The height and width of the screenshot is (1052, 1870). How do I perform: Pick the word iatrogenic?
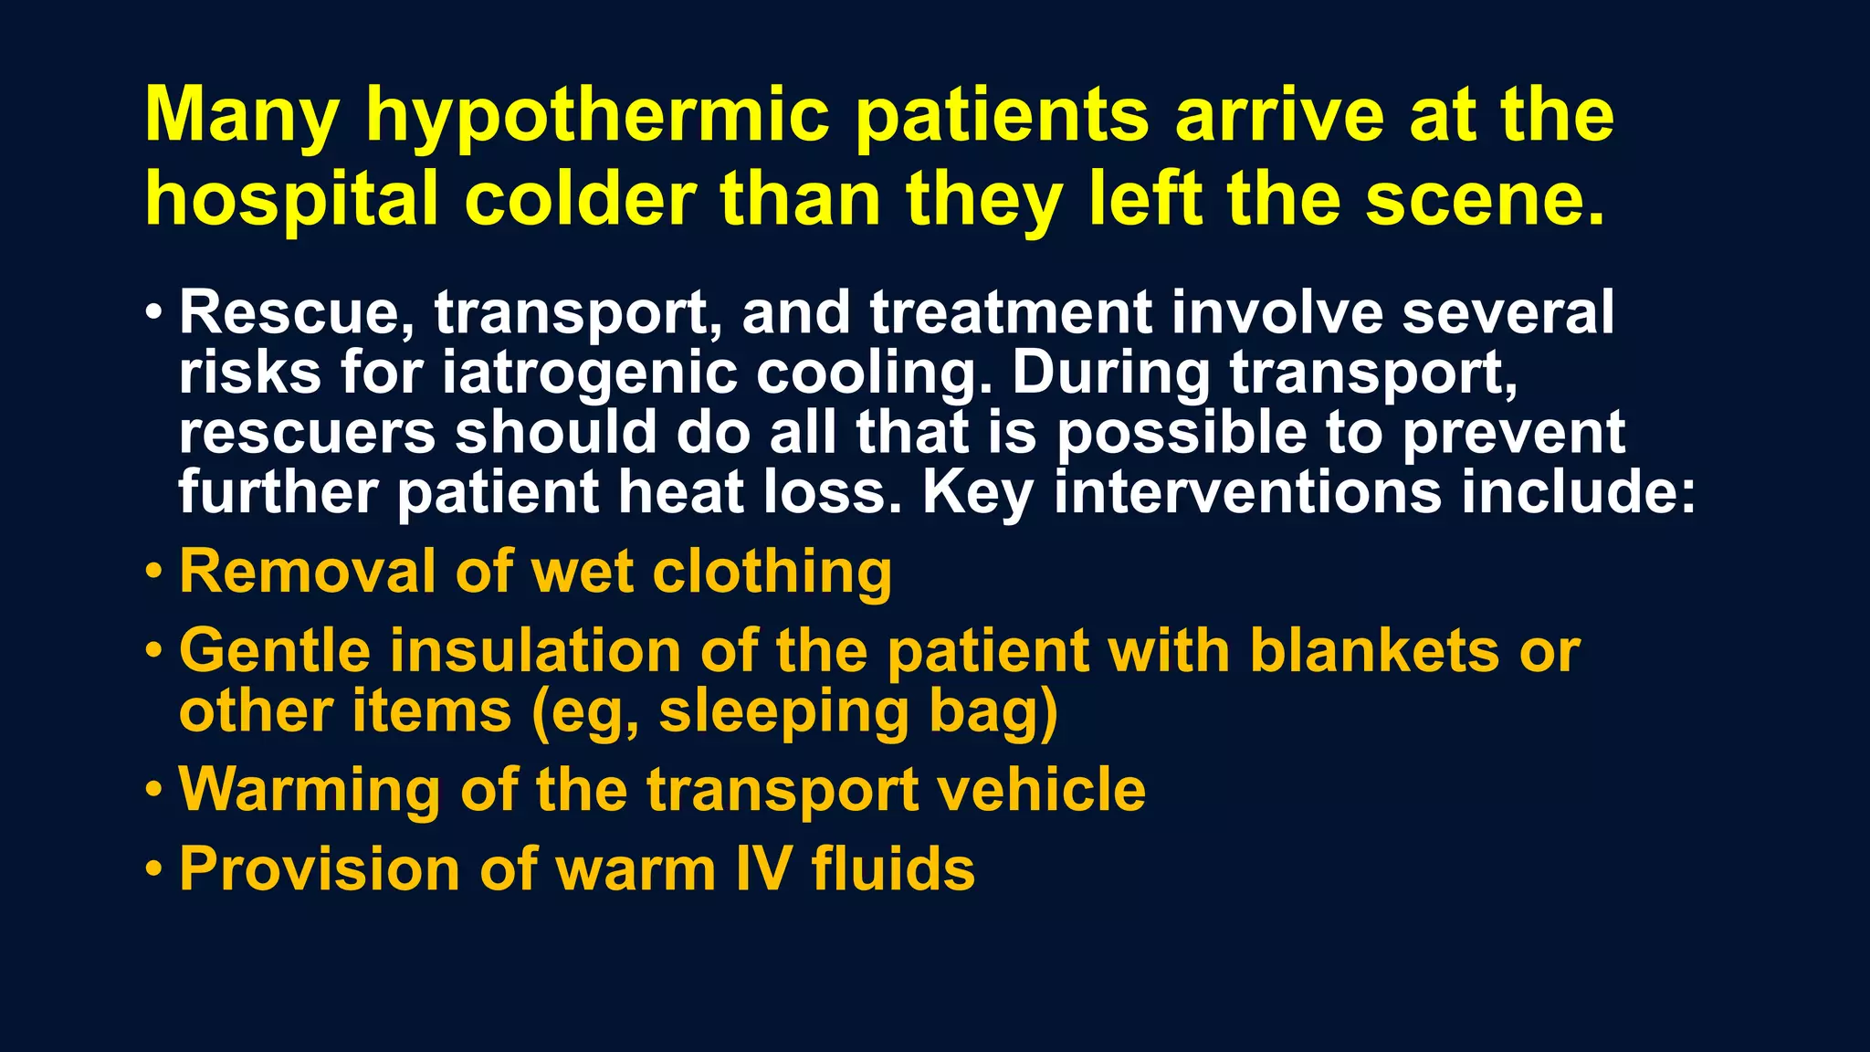tap(589, 374)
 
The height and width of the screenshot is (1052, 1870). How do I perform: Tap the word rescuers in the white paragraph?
tap(307, 433)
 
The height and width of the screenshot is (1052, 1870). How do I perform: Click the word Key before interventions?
tap(977, 494)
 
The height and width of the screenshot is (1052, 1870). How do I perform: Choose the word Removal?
tap(306, 573)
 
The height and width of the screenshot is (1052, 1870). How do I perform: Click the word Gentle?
tap(275, 651)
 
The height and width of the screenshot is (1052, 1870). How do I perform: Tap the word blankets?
tap(1374, 651)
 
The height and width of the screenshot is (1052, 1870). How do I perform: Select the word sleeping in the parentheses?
tap(783, 713)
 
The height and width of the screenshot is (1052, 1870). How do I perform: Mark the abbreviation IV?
tap(763, 868)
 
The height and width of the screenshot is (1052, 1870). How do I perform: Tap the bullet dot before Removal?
tap(154, 572)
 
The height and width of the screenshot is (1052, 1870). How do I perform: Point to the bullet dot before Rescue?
tap(154, 312)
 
